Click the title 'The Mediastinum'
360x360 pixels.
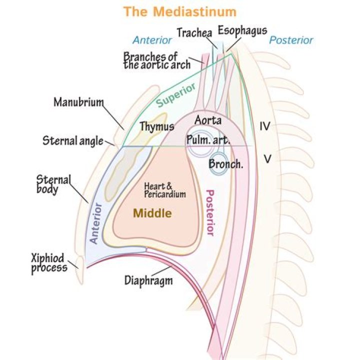click(180, 11)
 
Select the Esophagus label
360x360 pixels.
click(242, 31)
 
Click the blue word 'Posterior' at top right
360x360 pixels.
click(291, 40)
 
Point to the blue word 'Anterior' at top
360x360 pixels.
click(152, 40)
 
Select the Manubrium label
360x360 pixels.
click(78, 102)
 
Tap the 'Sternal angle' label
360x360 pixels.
click(72, 141)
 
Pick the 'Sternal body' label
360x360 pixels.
click(53, 183)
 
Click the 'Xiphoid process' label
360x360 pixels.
click(48, 263)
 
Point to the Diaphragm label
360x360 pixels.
click(148, 280)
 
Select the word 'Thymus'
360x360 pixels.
click(157, 126)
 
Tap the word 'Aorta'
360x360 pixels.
click(208, 120)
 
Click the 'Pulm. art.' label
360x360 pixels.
click(208, 140)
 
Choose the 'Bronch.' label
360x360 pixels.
click(226, 163)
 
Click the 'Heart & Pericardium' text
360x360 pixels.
click(164, 190)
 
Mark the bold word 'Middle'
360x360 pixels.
click(152, 214)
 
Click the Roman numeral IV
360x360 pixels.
click(265, 126)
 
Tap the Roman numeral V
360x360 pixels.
click(267, 159)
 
